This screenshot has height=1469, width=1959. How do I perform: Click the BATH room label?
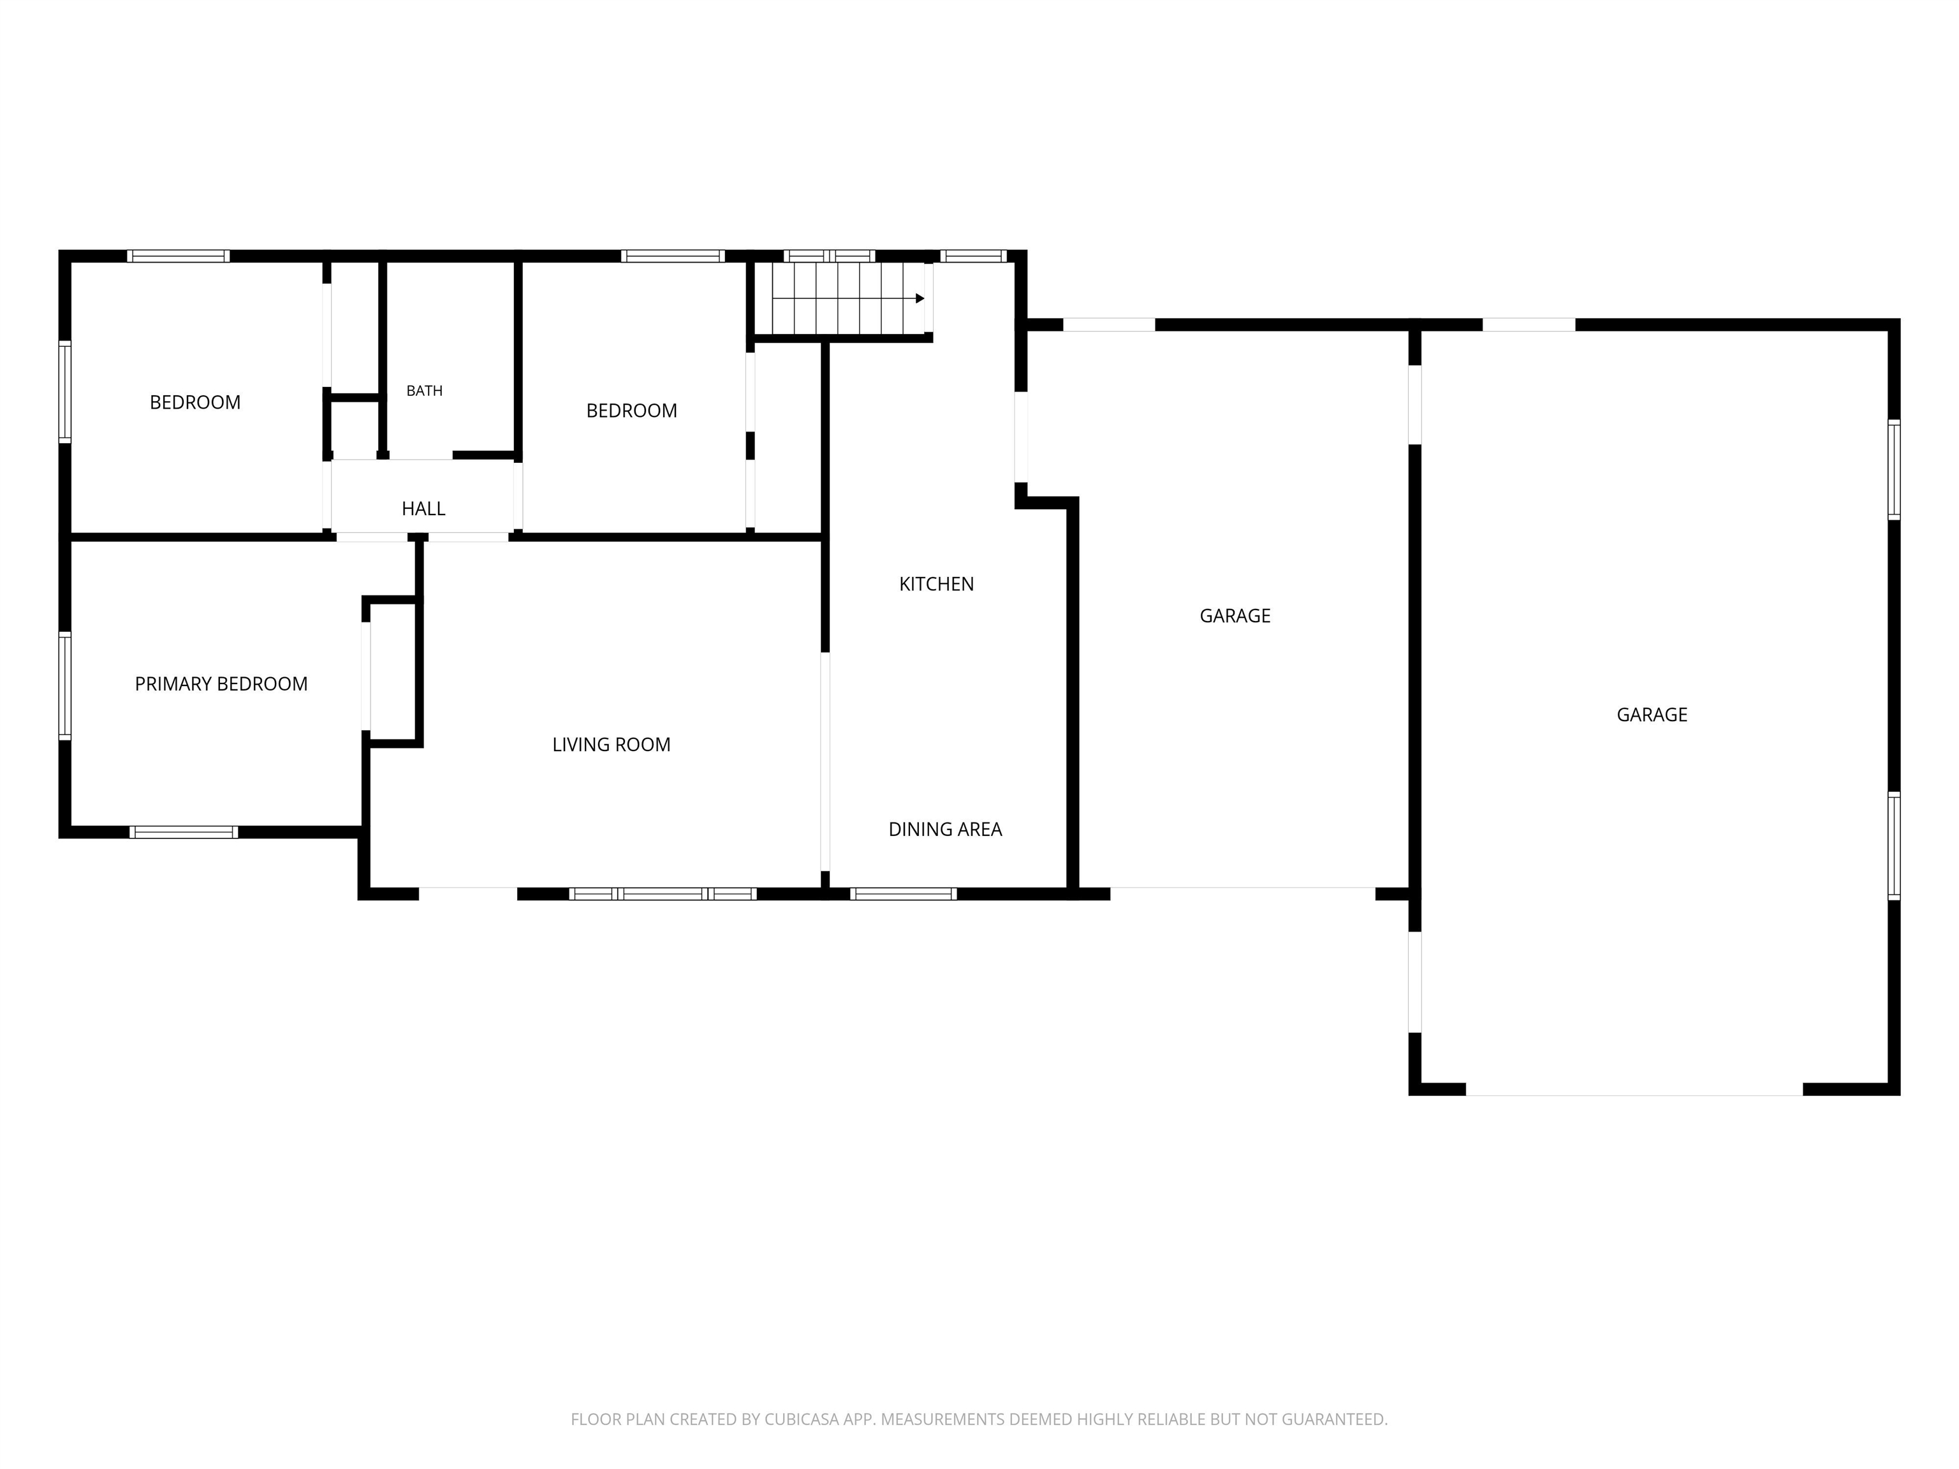424,390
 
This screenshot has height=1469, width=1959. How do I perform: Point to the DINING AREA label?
945,830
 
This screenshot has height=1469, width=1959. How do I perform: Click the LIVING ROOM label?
611,745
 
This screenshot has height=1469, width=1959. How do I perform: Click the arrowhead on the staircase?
920,298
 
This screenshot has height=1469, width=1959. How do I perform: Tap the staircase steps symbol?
847,298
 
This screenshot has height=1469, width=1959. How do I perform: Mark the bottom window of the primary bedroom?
183,832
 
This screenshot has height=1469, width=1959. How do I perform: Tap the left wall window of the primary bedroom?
64,685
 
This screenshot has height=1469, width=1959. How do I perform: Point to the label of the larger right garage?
1652,715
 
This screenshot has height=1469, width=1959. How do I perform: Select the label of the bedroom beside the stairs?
631,411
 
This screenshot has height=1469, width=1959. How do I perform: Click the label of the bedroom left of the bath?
195,403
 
